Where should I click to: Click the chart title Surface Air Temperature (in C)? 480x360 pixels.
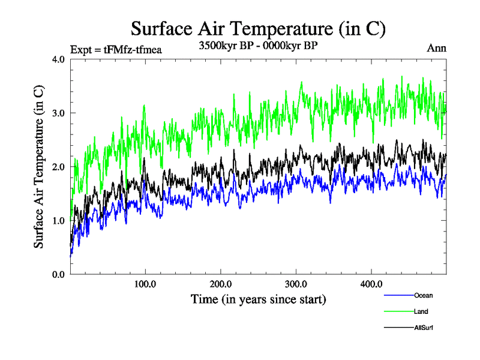click(257, 28)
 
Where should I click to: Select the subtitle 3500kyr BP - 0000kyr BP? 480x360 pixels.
click(258, 46)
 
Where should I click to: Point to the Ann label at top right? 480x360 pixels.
click(437, 48)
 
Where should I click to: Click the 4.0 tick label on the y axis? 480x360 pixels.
click(59, 59)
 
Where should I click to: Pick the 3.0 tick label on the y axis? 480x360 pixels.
click(59, 113)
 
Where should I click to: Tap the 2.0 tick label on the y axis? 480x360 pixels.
click(59, 167)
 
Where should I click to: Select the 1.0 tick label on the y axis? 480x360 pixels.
click(59, 220)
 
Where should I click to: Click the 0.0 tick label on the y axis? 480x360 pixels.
click(59, 274)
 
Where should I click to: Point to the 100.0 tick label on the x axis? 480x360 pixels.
click(146, 284)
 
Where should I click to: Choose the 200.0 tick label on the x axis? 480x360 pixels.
click(221, 284)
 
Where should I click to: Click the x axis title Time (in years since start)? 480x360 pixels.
click(258, 299)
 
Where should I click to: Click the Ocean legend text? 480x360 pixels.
click(423, 295)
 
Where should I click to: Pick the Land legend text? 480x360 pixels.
click(421, 311)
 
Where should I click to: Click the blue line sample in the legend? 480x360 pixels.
click(397, 295)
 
